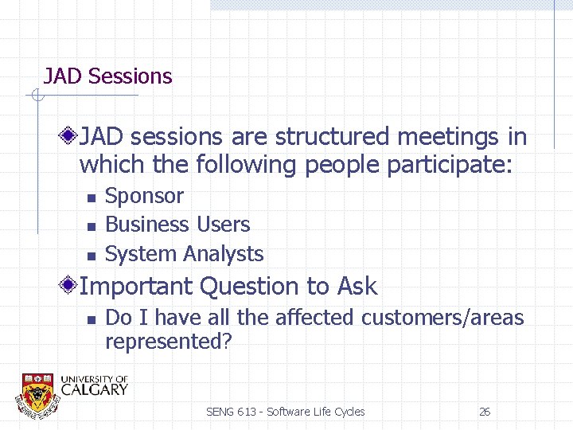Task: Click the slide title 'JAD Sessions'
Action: point(107,76)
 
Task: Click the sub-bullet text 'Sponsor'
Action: point(144,196)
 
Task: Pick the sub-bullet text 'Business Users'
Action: point(177,225)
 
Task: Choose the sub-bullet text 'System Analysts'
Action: point(184,255)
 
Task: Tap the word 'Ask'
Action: point(357,286)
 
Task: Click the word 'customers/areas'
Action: point(442,318)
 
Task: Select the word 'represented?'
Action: point(168,342)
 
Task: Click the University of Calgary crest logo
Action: point(37,393)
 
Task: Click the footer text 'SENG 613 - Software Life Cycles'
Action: point(285,412)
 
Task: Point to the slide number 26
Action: point(484,412)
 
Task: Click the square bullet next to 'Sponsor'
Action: point(91,197)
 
